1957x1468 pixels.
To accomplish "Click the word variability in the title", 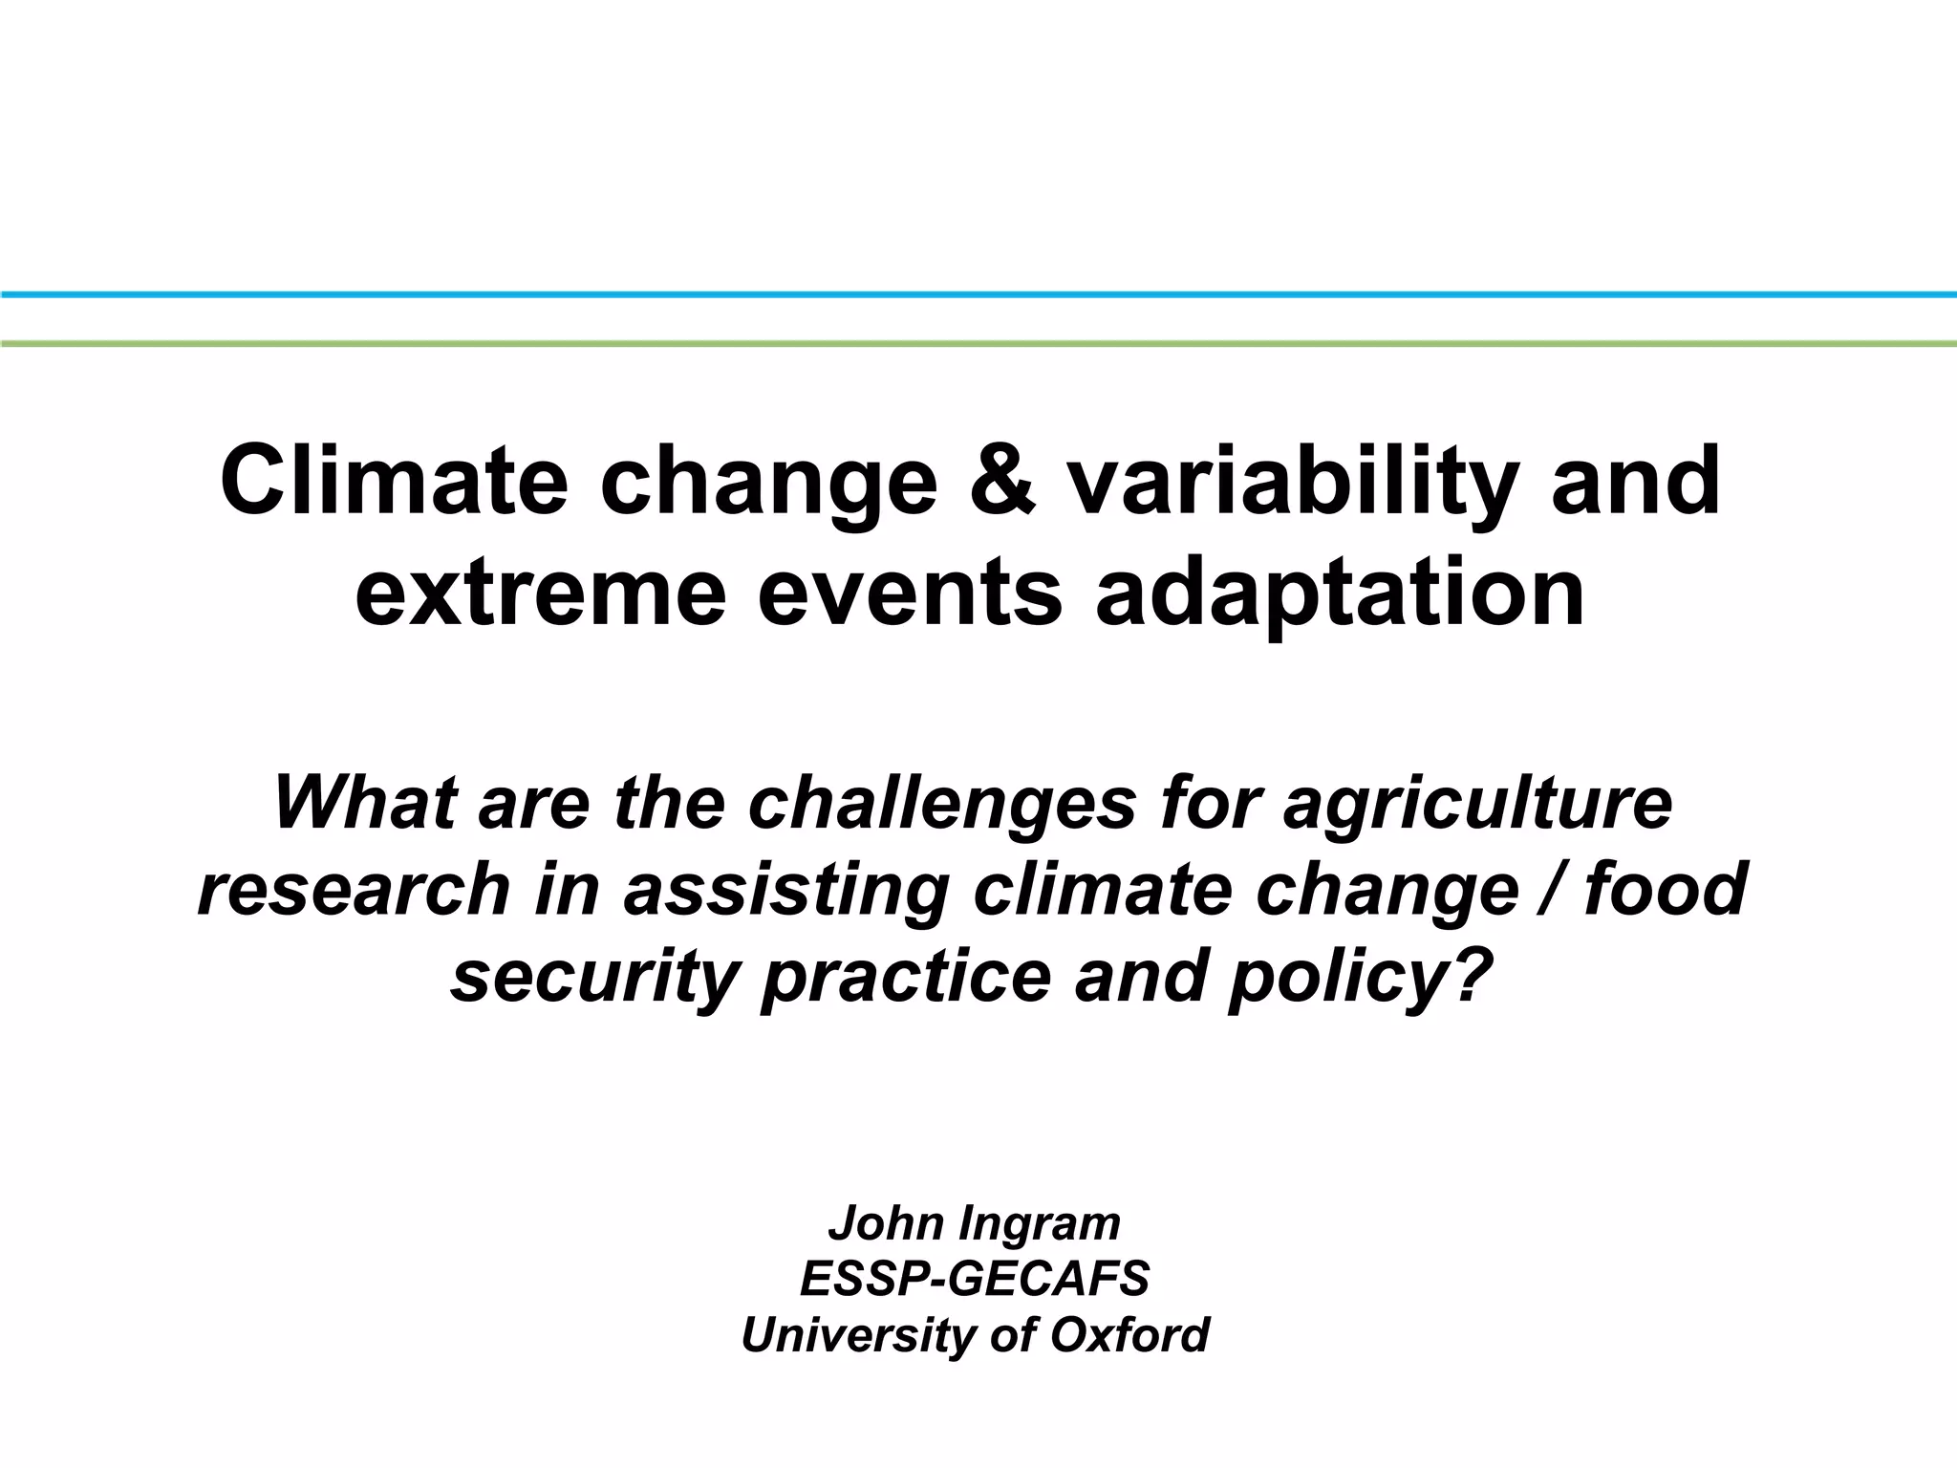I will [x=1290, y=483].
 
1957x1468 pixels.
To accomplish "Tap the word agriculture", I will [x=1477, y=805].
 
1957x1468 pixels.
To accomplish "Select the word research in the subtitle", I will [x=355, y=889].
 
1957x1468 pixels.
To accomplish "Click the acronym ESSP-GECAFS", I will [x=975, y=1280].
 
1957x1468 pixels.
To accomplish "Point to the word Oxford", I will [x=1129, y=1335].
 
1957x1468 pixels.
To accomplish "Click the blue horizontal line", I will [x=978, y=294].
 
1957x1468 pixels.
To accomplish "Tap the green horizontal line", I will [x=978, y=342].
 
